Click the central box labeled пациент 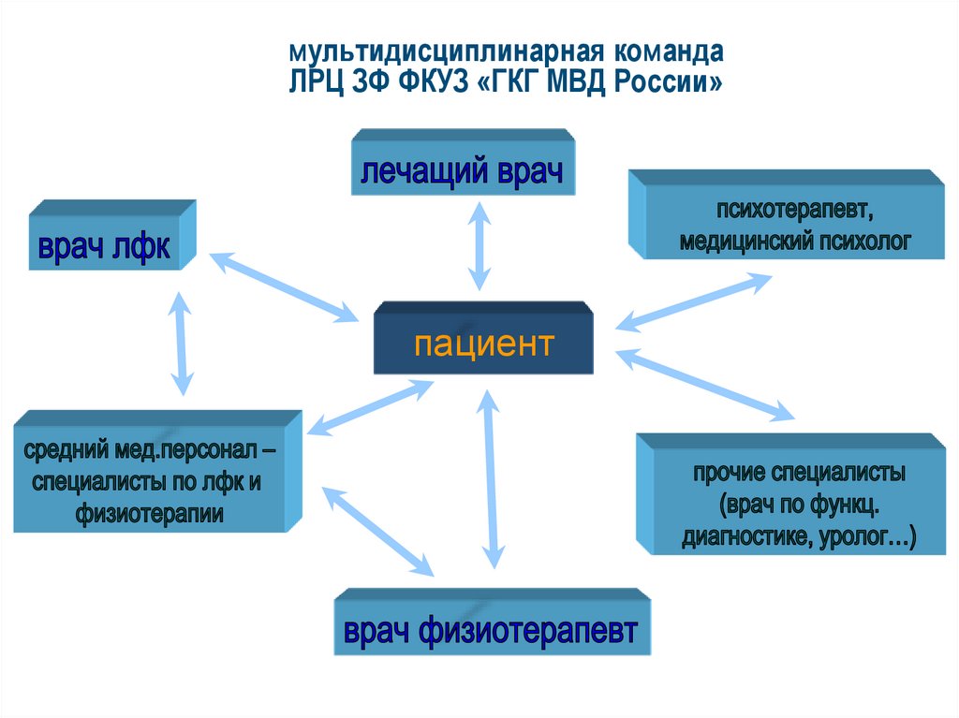point(483,344)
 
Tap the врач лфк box point(104,247)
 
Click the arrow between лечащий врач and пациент point(479,247)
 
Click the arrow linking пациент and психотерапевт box point(694,301)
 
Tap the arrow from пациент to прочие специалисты point(704,384)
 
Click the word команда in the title point(669,50)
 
